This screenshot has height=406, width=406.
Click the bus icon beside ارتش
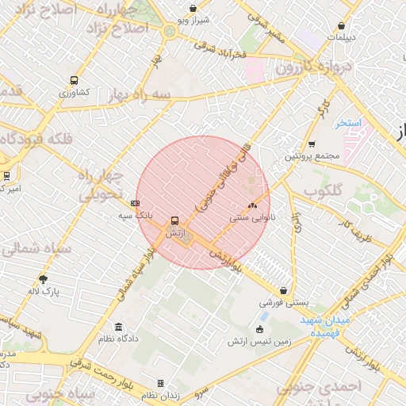tap(174, 221)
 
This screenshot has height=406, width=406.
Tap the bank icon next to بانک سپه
tap(135, 203)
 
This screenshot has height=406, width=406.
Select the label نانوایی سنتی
tap(250, 216)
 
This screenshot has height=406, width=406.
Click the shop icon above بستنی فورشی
tap(283, 290)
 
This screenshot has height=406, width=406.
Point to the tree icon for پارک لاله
tap(43, 279)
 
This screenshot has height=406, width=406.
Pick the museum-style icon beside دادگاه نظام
tap(118, 327)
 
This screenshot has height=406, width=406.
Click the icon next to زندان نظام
tap(160, 384)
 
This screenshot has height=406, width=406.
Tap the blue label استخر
tap(347, 124)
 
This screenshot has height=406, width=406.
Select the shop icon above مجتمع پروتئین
tap(312, 144)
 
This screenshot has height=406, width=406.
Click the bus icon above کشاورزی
tap(74, 80)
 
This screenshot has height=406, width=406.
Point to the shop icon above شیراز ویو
tap(193, 9)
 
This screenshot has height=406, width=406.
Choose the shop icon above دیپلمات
tap(342, 25)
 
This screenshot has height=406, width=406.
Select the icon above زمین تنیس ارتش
tap(259, 329)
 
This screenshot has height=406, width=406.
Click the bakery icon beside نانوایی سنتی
tap(253, 205)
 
